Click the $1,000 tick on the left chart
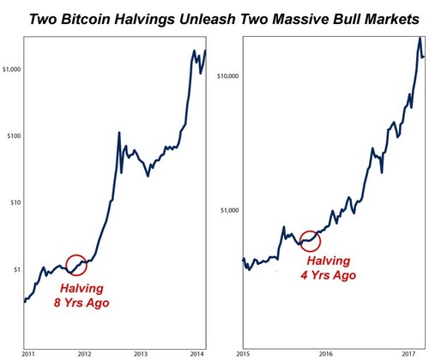tap(15, 68)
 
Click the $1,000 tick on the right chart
tap(226, 210)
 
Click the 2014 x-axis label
tap(196, 352)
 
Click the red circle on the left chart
tap(76, 267)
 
